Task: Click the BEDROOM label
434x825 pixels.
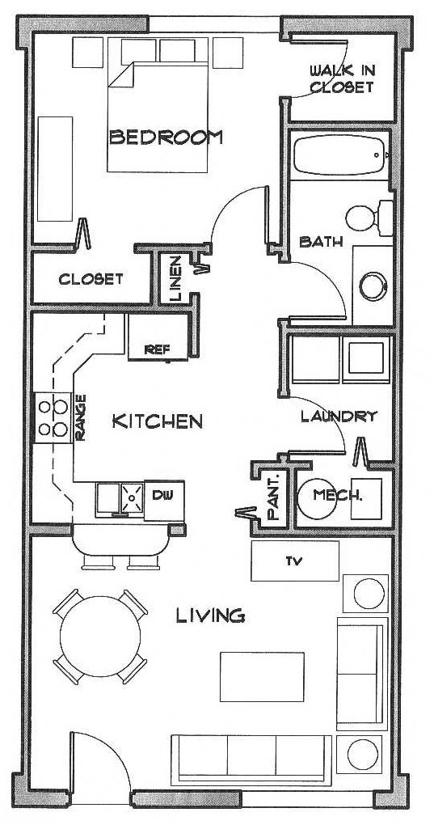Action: click(x=166, y=137)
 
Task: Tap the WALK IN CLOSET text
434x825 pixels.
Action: click(x=342, y=78)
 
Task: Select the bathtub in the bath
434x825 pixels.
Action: click(x=339, y=155)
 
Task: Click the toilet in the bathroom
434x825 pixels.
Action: click(x=369, y=218)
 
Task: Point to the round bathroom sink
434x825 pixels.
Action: click(x=373, y=286)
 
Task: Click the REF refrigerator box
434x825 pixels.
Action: click(x=158, y=336)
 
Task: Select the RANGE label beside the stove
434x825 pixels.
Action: click(x=80, y=418)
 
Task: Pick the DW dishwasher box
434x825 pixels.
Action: click(x=164, y=501)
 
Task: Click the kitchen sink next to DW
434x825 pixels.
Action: click(x=120, y=499)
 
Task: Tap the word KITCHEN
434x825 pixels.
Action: click(x=158, y=421)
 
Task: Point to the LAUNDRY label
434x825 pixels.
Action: click(x=339, y=417)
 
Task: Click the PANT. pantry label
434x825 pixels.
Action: click(x=274, y=497)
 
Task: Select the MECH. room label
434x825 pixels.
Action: click(x=338, y=494)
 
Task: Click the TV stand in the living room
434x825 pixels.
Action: click(x=295, y=561)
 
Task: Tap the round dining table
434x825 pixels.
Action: click(x=100, y=637)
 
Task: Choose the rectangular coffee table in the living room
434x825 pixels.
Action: click(x=262, y=677)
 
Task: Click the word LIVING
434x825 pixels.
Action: click(x=210, y=615)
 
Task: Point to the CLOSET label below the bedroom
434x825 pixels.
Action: click(x=91, y=279)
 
